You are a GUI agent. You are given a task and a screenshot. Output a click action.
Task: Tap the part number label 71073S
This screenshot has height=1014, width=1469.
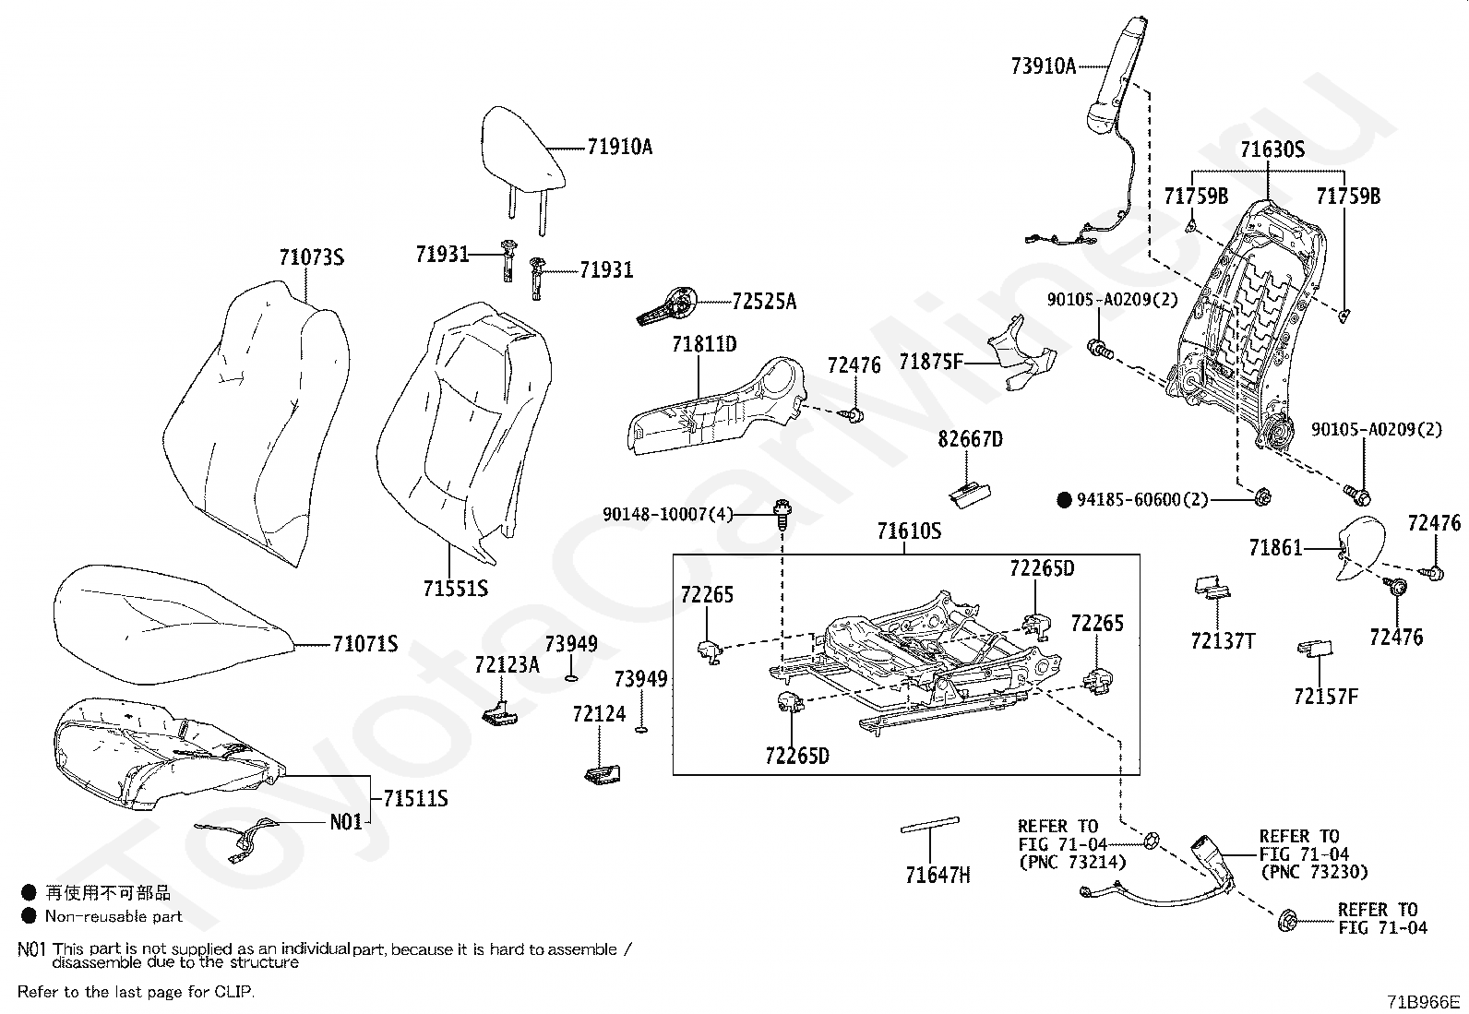312,257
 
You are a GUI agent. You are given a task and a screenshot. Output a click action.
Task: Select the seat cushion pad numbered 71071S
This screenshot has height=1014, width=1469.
172,623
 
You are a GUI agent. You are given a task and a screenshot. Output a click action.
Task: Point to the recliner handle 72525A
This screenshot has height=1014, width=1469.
667,307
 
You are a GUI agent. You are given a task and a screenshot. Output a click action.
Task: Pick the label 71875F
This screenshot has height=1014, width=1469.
931,362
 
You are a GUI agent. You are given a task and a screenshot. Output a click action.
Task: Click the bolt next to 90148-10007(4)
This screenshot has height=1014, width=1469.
782,516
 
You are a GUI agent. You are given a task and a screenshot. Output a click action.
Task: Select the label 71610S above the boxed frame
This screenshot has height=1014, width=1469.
909,531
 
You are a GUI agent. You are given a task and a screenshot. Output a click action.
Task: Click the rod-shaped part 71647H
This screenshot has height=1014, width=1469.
930,825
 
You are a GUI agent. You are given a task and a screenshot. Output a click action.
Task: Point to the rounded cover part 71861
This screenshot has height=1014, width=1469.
1360,548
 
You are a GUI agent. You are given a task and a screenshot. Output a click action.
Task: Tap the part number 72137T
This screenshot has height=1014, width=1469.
1223,641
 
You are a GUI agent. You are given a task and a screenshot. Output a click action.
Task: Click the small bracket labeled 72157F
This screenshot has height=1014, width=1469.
1315,648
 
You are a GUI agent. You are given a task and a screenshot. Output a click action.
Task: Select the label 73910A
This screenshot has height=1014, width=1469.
1044,66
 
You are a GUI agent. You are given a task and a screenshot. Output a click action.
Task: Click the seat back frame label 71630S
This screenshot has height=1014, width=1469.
1272,149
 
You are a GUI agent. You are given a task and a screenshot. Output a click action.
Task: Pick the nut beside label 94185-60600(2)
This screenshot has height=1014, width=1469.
1261,497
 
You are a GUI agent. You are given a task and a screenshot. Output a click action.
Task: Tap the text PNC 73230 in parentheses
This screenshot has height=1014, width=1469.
1314,872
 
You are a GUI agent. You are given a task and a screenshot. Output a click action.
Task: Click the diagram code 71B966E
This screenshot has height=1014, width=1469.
1423,1002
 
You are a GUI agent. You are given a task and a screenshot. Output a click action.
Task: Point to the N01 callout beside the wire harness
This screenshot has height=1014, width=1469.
346,822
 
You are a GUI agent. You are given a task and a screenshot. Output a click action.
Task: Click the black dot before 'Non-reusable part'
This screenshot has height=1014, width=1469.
29,915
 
